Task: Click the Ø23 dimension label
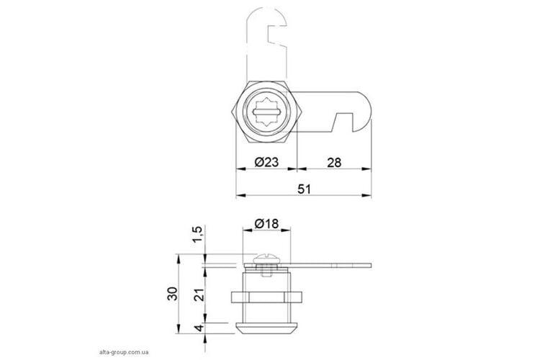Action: (266, 162)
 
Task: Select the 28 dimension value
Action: (334, 162)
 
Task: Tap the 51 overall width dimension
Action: (304, 189)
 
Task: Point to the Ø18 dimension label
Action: (266, 224)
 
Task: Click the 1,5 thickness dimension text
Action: (198, 234)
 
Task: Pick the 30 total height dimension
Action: (173, 294)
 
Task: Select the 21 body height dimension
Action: (199, 294)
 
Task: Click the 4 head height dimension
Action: (199, 328)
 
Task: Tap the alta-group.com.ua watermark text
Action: (124, 352)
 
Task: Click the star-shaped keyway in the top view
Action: (266, 112)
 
